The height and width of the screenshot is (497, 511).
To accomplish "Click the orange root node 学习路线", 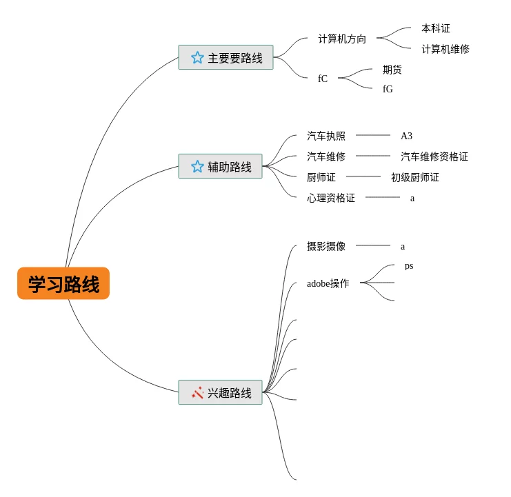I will [x=63, y=283].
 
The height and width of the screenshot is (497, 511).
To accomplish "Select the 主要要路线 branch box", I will [x=226, y=57].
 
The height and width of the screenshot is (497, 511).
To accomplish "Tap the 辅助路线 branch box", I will [x=220, y=166].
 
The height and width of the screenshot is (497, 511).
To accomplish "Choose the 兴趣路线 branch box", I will [x=220, y=392].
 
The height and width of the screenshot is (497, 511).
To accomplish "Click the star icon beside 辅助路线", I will [x=197, y=166].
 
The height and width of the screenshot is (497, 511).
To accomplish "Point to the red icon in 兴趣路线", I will [x=197, y=392].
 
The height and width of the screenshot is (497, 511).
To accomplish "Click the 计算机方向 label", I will [x=342, y=39].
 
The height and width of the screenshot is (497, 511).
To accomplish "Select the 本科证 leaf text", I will [x=435, y=28].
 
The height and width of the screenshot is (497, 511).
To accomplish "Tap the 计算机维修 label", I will [x=445, y=49].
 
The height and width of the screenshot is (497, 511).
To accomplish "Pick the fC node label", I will [x=323, y=79].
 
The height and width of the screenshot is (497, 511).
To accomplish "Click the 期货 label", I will [x=392, y=70].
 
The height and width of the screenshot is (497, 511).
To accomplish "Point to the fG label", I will [x=388, y=89].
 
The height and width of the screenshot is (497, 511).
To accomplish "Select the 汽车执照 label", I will [x=326, y=136].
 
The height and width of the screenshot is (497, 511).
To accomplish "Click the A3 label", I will [x=406, y=136].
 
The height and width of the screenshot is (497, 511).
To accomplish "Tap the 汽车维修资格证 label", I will [x=434, y=156].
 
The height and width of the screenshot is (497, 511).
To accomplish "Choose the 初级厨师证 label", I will [x=414, y=177].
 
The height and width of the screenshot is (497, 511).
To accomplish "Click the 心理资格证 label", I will [x=331, y=198].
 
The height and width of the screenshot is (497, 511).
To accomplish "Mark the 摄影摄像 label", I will [x=326, y=246].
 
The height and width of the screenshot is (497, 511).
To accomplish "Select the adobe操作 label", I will [x=328, y=283].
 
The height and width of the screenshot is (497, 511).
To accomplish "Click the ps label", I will [x=409, y=265].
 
